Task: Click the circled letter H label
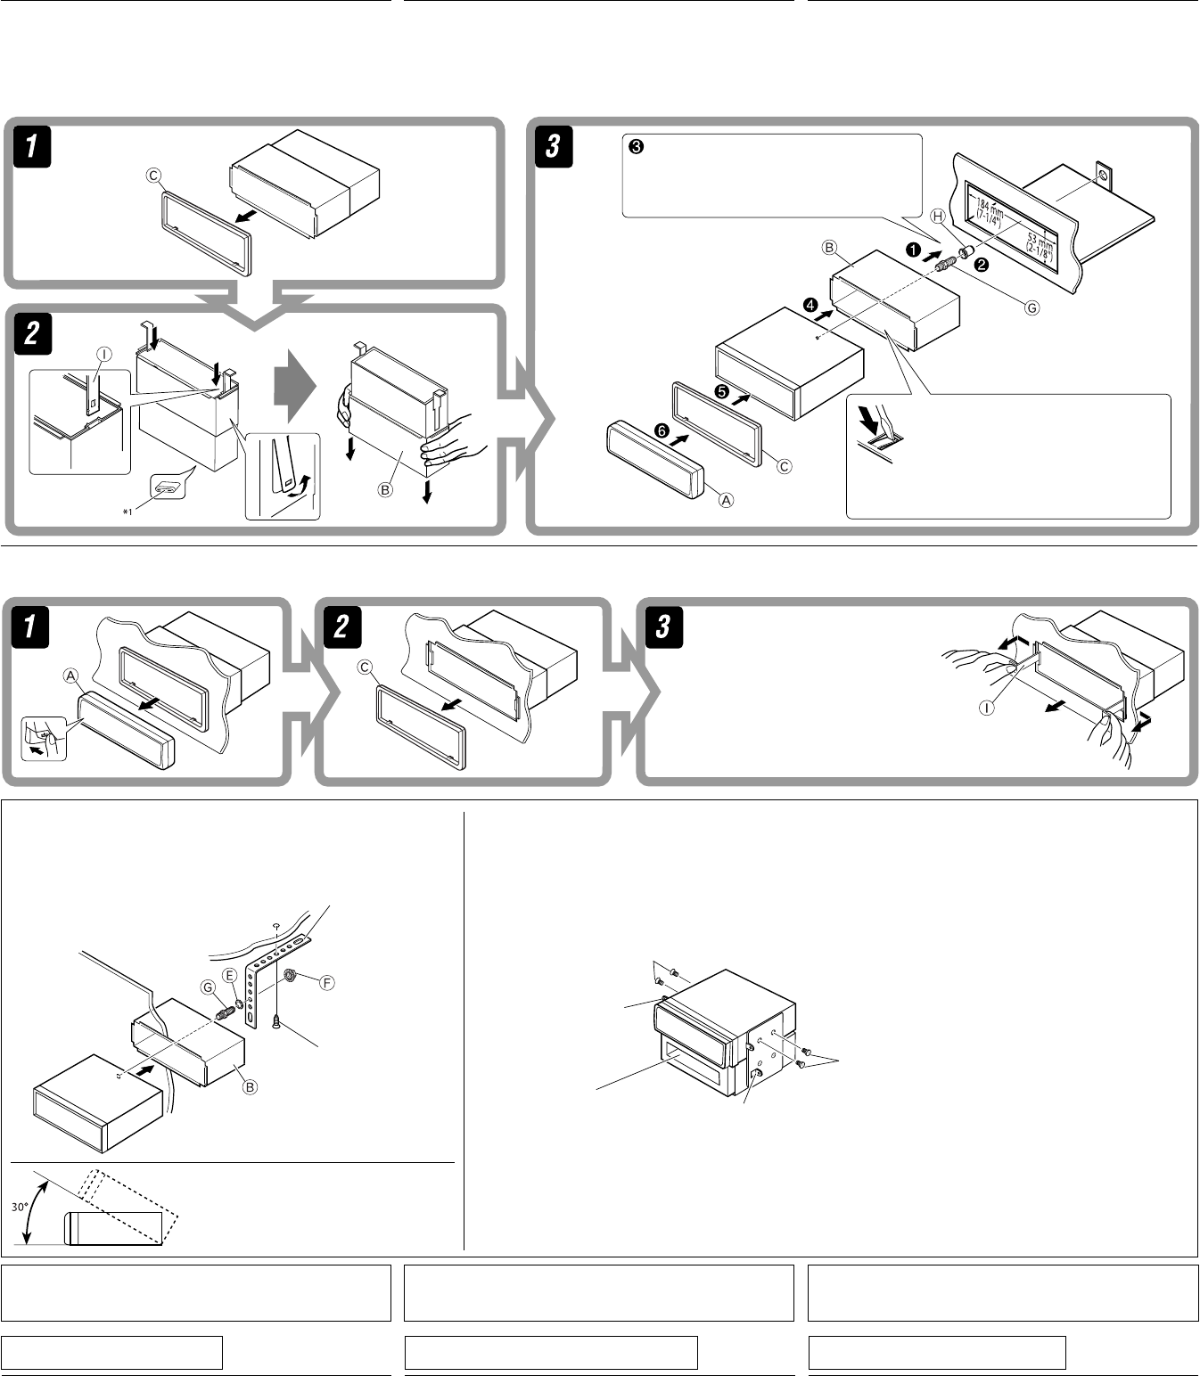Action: pyautogui.click(x=938, y=216)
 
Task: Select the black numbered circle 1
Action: pyautogui.click(x=913, y=250)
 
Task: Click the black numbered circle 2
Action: pyautogui.click(x=982, y=265)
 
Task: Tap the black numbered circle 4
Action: pyautogui.click(x=810, y=306)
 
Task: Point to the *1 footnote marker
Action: pyautogui.click(x=127, y=512)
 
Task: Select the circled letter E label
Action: pyautogui.click(x=230, y=976)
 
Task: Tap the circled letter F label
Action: pyautogui.click(x=326, y=983)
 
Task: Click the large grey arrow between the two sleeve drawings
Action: pyautogui.click(x=294, y=386)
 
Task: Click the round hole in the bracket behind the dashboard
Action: pyautogui.click(x=1103, y=176)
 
